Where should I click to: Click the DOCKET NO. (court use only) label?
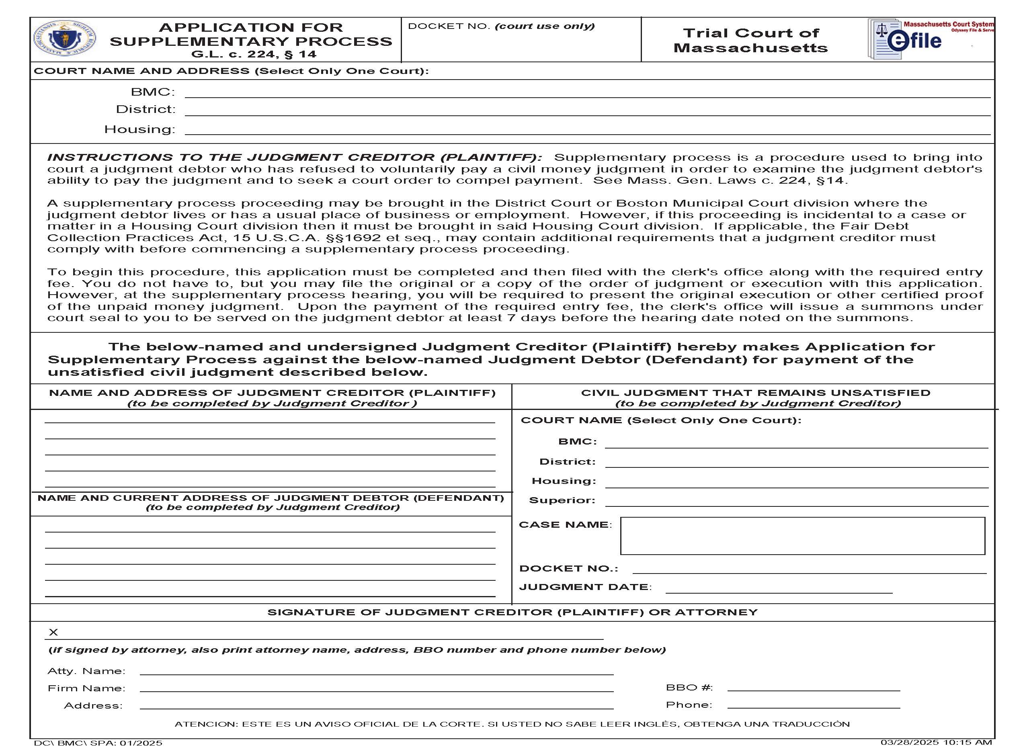click(501, 27)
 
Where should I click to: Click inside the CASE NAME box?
click(802, 536)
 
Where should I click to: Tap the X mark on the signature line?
click(53, 633)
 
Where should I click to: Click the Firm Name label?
click(86, 688)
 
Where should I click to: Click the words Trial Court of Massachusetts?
click(750, 40)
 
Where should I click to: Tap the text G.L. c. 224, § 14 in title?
click(254, 54)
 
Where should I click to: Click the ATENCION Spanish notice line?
click(512, 724)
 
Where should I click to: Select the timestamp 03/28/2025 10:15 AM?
click(936, 742)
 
